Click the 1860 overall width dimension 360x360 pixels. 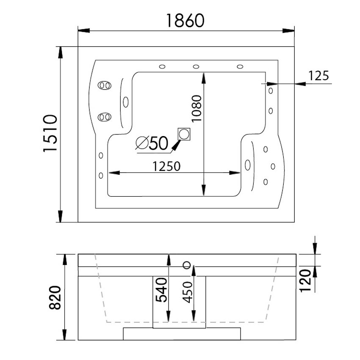(x=186, y=20)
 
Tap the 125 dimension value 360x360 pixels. (x=318, y=75)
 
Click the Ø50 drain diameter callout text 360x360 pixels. (x=152, y=143)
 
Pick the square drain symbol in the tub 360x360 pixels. (x=185, y=134)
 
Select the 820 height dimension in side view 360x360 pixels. (x=55, y=297)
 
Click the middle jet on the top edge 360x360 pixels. (x=196, y=66)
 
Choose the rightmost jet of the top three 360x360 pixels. (x=240, y=66)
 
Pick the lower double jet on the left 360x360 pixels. (x=104, y=117)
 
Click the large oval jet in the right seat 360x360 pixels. (x=247, y=165)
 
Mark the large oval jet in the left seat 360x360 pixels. (x=125, y=102)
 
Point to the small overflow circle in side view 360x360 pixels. (x=186, y=265)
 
